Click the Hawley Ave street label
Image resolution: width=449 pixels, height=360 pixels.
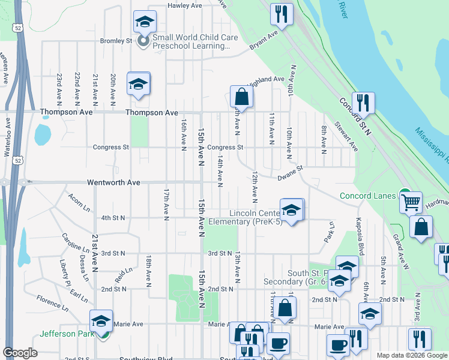[184, 5]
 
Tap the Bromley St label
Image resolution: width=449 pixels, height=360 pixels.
[116, 41]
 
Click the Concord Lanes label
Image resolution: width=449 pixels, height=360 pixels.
[368, 196]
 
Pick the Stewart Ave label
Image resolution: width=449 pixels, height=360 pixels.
[346, 137]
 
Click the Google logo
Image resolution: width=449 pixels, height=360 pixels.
[20, 353]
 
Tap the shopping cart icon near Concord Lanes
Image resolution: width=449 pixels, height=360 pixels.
[411, 202]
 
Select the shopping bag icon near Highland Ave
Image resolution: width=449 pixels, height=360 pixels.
[241, 96]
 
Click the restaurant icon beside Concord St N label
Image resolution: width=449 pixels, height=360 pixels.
[363, 103]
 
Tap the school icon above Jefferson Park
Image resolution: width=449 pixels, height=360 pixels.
[101, 320]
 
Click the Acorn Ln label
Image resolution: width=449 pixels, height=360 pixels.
[79, 199]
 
